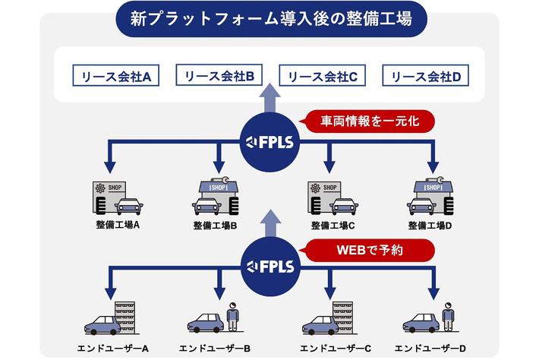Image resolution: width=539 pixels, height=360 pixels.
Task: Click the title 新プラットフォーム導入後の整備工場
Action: [x=270, y=18]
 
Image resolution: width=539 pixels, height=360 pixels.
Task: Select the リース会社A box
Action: [x=115, y=77]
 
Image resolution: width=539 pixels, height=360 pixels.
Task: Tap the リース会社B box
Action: [x=219, y=76]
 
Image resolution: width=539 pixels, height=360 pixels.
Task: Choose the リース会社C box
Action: [x=323, y=77]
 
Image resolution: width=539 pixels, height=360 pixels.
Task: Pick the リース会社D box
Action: [x=426, y=77]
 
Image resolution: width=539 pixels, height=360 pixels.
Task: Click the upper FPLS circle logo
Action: [x=270, y=141]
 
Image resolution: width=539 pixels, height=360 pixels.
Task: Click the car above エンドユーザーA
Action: [x=102, y=325]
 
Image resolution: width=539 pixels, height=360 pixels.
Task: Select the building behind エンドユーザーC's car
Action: [x=342, y=315]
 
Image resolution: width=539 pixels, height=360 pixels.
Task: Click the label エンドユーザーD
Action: [x=431, y=349]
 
